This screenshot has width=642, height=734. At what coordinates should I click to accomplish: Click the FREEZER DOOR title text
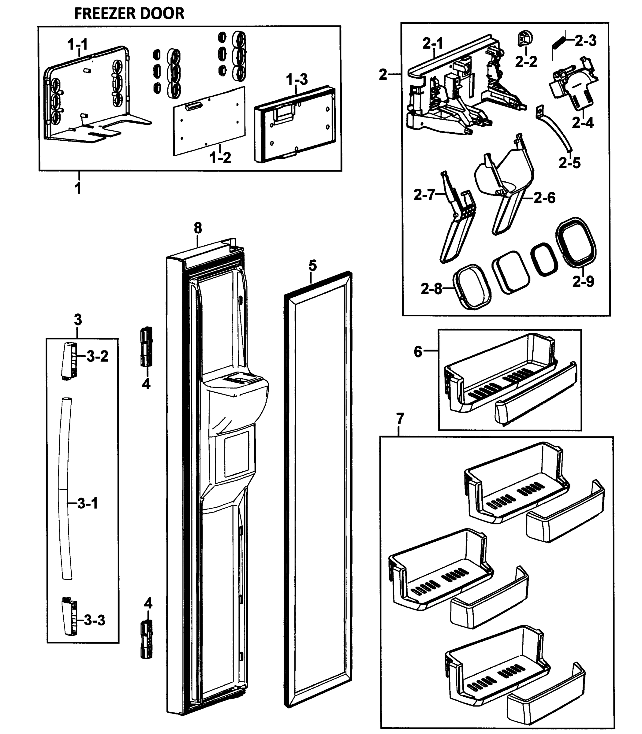(x=129, y=13)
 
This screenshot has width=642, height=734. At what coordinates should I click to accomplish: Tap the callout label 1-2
(x=220, y=158)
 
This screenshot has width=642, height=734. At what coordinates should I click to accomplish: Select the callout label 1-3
(x=297, y=80)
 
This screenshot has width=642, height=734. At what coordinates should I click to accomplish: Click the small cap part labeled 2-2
(x=525, y=39)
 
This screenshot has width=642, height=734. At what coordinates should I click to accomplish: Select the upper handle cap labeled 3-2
(x=69, y=361)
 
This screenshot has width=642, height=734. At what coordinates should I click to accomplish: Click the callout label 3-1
(x=88, y=504)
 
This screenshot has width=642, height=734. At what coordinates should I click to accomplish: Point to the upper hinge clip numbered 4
(x=146, y=347)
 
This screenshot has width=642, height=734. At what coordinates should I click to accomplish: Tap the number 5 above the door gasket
(x=312, y=266)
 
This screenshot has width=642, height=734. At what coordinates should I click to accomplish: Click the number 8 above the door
(x=198, y=228)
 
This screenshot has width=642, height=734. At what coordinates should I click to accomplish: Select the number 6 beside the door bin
(x=418, y=352)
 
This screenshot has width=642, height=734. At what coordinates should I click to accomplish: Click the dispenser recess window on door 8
(x=237, y=454)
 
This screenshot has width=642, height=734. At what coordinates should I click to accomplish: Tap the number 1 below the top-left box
(x=78, y=188)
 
